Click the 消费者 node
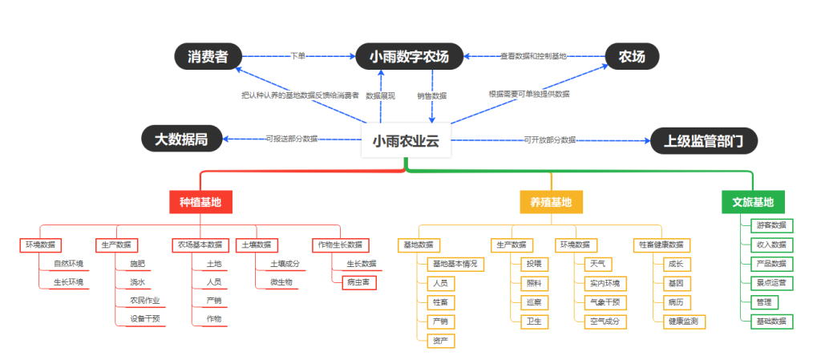point(208,56)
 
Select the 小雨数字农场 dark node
point(410,56)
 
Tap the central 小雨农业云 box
point(406,141)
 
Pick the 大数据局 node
point(181,139)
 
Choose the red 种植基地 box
point(200,202)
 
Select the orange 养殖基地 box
point(551,202)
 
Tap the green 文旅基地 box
point(753,202)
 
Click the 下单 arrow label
point(297,56)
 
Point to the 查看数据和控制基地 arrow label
point(533,56)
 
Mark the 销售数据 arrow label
point(431,95)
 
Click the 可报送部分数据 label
point(292,139)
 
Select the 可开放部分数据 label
point(550,140)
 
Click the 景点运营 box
point(771,282)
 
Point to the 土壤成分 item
point(285,263)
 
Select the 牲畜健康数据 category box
point(661,245)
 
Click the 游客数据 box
point(771,224)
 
